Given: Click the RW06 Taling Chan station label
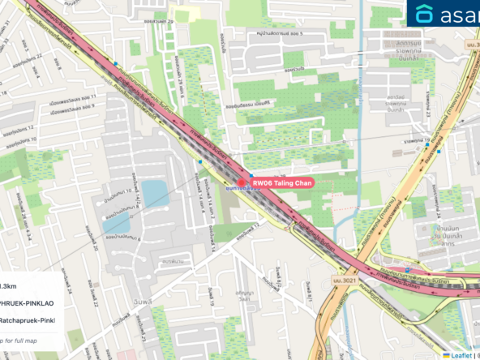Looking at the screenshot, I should [281, 183].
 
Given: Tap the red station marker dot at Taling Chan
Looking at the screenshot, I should [241, 183].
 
